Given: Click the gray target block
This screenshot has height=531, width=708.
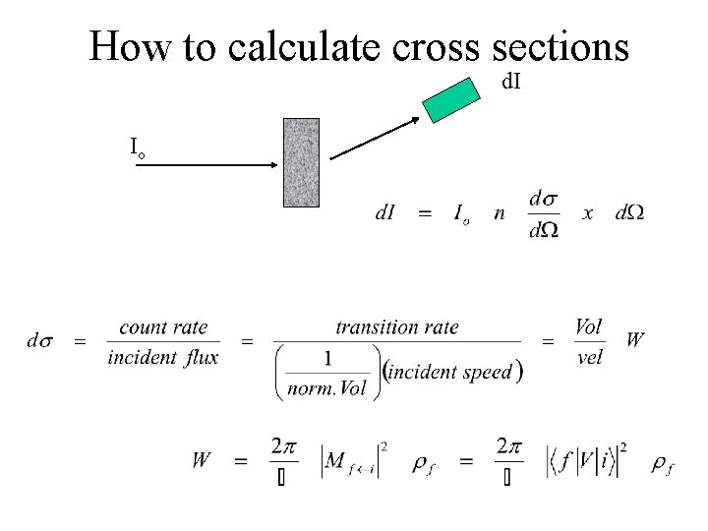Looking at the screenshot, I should pyautogui.click(x=301, y=162).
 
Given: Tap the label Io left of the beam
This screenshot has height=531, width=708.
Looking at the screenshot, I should pyautogui.click(x=138, y=148).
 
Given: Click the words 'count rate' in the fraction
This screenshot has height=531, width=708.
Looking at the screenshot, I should pyautogui.click(x=162, y=327).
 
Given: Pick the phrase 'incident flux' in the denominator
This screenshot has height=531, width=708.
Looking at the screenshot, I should pyautogui.click(x=162, y=357).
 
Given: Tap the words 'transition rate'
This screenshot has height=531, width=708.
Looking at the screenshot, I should pyautogui.click(x=396, y=327).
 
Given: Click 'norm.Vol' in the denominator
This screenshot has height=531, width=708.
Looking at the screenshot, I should pyautogui.click(x=326, y=388).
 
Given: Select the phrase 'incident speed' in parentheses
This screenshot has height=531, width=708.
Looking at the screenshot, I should pyautogui.click(x=451, y=372).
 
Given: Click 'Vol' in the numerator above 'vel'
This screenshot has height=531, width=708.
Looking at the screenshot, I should pyautogui.click(x=588, y=326).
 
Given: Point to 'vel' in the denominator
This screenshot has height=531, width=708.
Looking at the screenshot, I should pyautogui.click(x=589, y=357).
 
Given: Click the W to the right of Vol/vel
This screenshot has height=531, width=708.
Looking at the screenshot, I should pyautogui.click(x=635, y=340).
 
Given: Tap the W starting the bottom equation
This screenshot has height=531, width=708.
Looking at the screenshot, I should pyautogui.click(x=202, y=459).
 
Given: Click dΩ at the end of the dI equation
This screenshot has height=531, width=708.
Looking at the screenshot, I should pyautogui.click(x=629, y=211).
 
